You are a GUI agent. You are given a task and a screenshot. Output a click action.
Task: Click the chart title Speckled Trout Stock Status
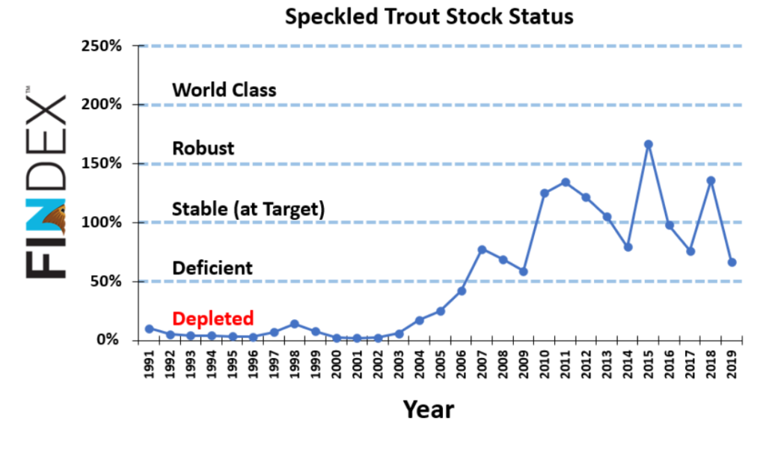429,17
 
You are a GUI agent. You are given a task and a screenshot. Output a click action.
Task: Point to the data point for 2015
649,144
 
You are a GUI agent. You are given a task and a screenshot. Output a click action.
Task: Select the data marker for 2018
711,181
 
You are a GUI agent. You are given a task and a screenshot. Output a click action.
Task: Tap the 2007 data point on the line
482,250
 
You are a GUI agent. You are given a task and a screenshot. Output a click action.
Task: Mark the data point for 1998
295,324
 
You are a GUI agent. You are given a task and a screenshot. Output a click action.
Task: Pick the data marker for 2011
566,182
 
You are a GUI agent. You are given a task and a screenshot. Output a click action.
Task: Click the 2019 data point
732,262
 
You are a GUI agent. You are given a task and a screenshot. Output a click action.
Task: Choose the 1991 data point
149,329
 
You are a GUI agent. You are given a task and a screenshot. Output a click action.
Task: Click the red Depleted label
213,318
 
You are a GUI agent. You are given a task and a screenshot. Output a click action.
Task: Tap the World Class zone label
224,90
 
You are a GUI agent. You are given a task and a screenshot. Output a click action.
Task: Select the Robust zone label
203,148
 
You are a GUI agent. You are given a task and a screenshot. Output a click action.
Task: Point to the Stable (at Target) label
248,209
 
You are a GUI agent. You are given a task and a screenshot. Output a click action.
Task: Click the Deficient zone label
212,268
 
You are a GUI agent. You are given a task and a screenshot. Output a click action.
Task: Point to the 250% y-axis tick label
102,46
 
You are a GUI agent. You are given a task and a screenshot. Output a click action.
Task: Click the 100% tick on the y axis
102,222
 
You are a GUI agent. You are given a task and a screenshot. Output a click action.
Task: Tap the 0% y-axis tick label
108,340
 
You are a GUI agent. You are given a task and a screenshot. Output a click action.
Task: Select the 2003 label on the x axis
399,364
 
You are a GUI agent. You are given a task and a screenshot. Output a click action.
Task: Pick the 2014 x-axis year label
628,364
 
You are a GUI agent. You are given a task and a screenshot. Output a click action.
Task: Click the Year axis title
429,409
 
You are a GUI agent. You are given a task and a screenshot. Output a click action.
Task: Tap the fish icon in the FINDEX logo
55,219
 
